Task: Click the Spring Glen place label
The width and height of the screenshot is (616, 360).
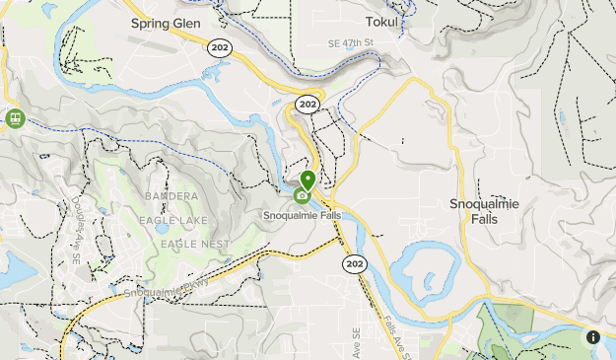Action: tap(165, 22)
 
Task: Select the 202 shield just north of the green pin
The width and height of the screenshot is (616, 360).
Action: tap(308, 104)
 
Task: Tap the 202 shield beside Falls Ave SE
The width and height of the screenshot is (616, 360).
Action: tap(354, 263)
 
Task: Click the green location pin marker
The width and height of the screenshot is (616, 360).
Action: tap(308, 180)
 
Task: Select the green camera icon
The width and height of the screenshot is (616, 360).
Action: tap(301, 195)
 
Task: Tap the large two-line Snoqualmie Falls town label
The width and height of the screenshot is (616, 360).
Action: tap(484, 211)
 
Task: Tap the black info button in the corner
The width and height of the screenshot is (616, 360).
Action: tap(593, 337)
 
